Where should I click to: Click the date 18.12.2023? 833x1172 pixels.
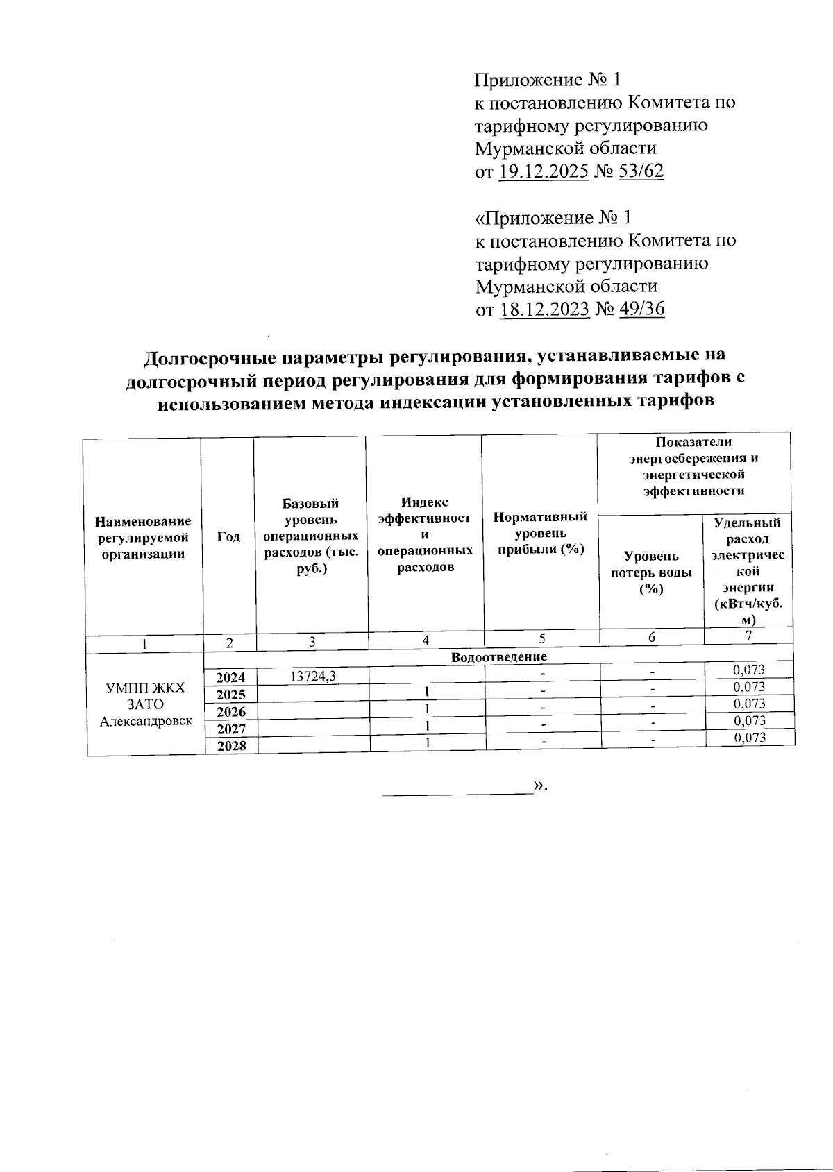click(x=544, y=309)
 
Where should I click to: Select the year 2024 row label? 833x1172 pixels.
click(x=230, y=678)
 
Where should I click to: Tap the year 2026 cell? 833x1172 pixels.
click(x=230, y=712)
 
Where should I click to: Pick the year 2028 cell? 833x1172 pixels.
click(x=230, y=747)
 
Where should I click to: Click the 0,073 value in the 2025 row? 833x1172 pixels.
click(x=749, y=687)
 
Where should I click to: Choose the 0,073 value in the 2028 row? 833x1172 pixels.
click(x=749, y=738)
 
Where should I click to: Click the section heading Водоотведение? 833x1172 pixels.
click(x=498, y=656)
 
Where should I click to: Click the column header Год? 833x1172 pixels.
click(x=228, y=536)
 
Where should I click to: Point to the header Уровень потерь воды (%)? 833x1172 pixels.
click(x=650, y=572)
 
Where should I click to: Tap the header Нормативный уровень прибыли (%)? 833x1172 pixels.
click(x=540, y=533)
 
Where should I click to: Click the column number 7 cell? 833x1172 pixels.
click(x=748, y=635)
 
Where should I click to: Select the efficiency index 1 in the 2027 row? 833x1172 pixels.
click(x=428, y=725)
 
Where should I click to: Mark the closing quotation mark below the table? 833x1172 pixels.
click(x=540, y=785)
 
